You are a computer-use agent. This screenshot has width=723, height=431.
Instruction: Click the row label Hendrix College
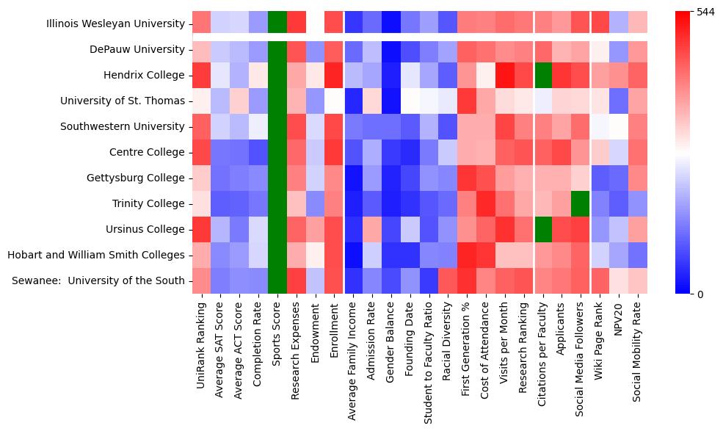(144, 76)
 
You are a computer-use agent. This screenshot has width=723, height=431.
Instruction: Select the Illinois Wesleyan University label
(115, 24)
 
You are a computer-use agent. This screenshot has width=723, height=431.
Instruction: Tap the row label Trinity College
(149, 204)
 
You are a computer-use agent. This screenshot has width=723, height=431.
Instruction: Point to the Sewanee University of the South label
(98, 281)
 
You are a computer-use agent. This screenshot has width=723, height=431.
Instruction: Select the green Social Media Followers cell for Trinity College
(584, 204)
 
